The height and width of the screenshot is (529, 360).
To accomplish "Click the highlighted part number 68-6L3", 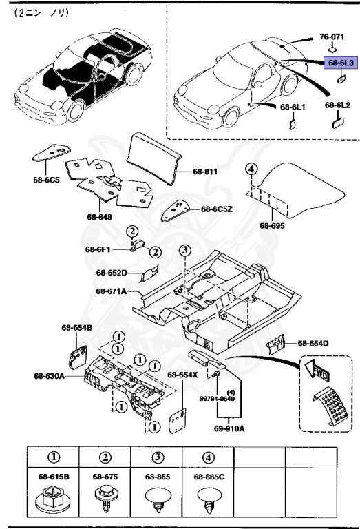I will [x=340, y=63].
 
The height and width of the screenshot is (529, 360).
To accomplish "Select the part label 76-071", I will [x=332, y=35].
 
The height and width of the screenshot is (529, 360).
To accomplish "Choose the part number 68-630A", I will [x=49, y=376].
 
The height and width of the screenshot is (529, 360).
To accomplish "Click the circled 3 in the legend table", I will [x=158, y=457].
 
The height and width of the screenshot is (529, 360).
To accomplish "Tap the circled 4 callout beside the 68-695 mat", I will [x=252, y=169].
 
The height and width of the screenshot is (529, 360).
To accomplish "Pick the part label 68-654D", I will [x=313, y=343].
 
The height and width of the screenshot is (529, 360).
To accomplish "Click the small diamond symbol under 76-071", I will [x=332, y=49].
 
